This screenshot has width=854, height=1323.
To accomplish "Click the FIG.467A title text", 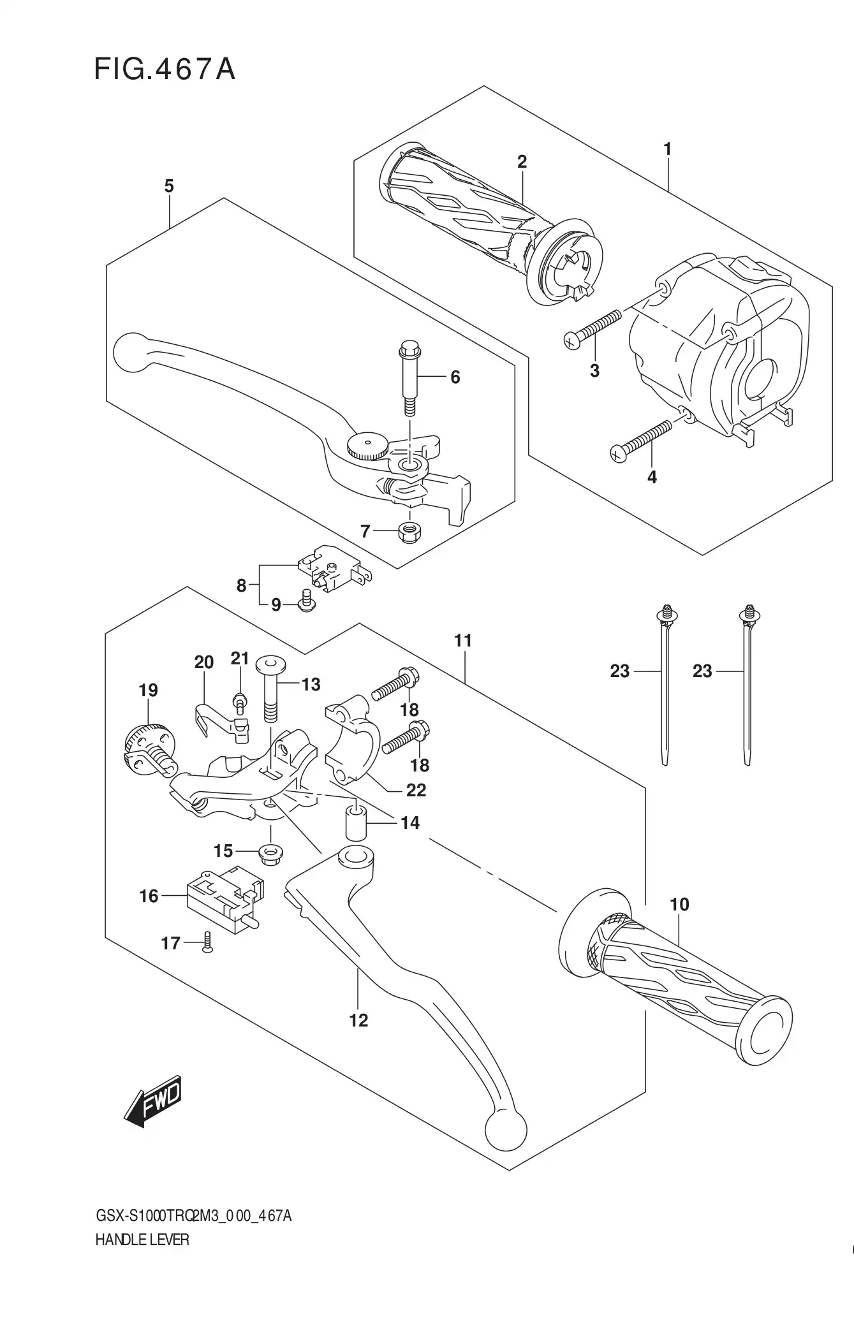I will pos(165,69).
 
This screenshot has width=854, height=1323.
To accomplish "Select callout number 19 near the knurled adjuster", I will pos(148,690).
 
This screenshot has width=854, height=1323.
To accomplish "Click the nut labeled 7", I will pos(408,532).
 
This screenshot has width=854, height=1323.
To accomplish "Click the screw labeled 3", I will pos(593,328).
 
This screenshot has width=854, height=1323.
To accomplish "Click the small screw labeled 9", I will pos(305,599).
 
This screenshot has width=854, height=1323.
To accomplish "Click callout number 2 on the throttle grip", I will pos(522,162).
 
